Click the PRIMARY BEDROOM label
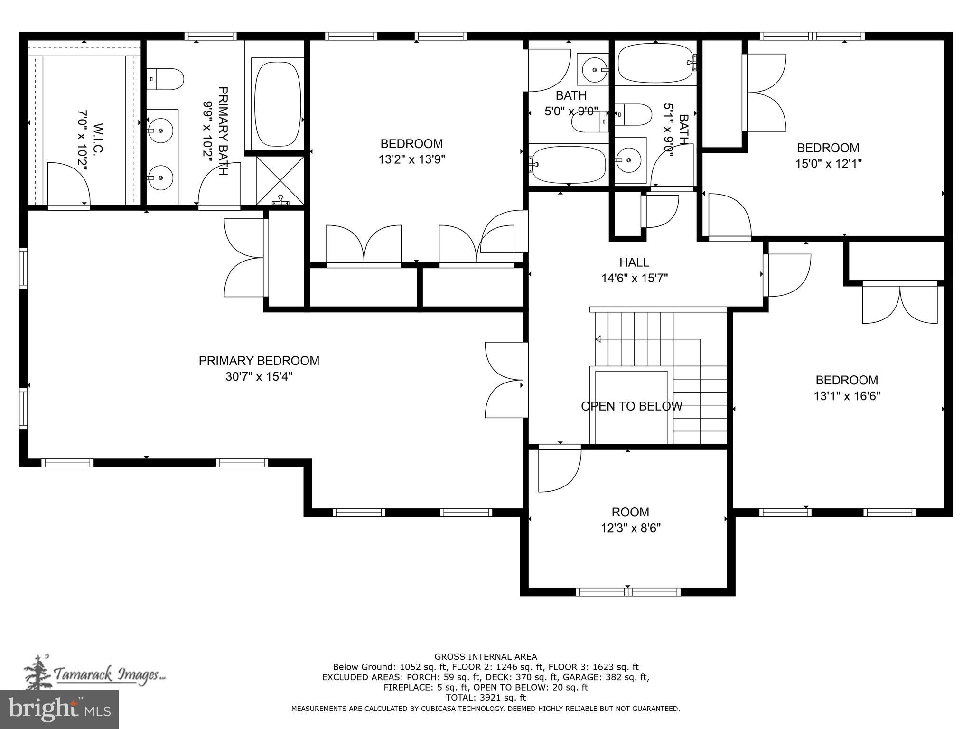coord(259,361)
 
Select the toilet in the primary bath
coord(165,79)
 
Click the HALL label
coord(634,262)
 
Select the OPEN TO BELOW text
coord(631,406)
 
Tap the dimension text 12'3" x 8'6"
coord(630,528)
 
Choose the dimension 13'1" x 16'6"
coord(847,396)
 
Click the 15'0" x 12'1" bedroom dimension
coord(828,164)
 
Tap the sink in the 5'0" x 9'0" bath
coord(594,70)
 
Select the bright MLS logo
coord(59,709)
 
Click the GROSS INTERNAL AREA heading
coord(486,657)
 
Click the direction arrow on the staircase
coord(598,339)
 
